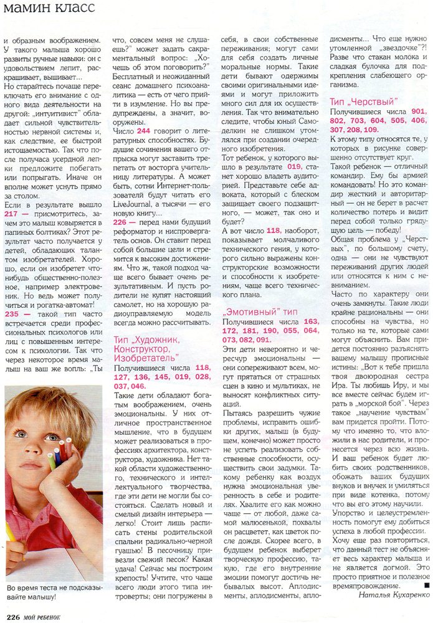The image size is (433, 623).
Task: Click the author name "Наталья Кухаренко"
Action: coord(394,594)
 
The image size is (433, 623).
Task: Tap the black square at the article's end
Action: coord(426,585)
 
